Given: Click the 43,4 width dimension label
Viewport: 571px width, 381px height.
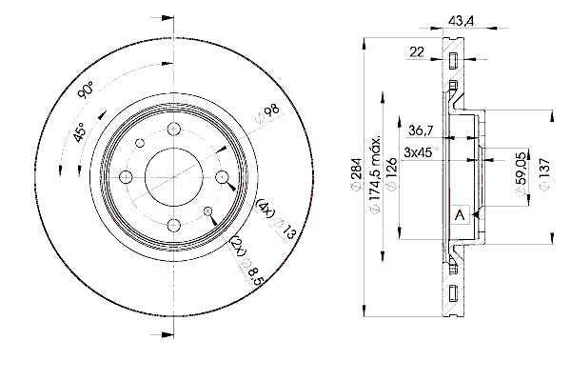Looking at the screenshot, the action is click(x=461, y=21).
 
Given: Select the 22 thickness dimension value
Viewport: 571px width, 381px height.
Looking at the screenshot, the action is click(x=417, y=51).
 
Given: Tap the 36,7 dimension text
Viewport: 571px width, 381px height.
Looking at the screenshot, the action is click(x=421, y=130).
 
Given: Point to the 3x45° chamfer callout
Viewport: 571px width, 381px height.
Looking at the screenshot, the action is click(x=420, y=152).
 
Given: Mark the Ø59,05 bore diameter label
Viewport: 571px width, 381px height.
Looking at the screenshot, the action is click(x=522, y=173).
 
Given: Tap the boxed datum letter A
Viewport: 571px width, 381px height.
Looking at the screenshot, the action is click(x=461, y=215).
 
